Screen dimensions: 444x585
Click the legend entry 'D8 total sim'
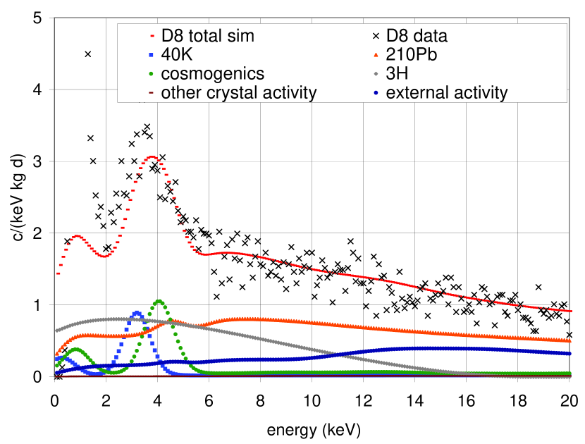click(x=207, y=35)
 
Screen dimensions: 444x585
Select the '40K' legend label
click(x=177, y=54)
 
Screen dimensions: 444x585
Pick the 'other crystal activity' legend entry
click(x=239, y=92)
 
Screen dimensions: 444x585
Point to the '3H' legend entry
click(x=395, y=73)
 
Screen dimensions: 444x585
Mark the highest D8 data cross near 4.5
click(x=87, y=54)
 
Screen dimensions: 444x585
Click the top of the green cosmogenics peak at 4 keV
click(x=159, y=302)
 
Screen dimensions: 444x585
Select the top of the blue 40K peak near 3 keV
click(x=137, y=312)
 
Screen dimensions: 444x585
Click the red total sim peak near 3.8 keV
click(x=152, y=157)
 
